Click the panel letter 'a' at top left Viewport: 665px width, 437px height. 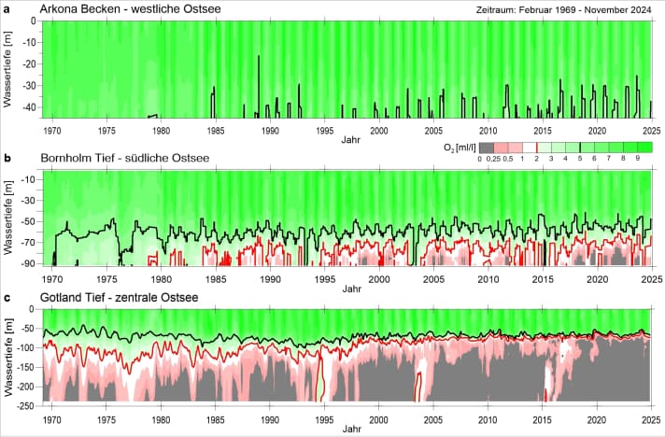click(x=7, y=8)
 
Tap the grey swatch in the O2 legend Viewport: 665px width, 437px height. click(x=486, y=148)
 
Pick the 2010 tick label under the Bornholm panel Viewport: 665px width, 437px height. click(x=488, y=279)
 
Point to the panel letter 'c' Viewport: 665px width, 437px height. click(x=7, y=299)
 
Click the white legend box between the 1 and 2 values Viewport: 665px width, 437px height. click(x=530, y=148)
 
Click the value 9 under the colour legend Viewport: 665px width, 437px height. click(x=637, y=160)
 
